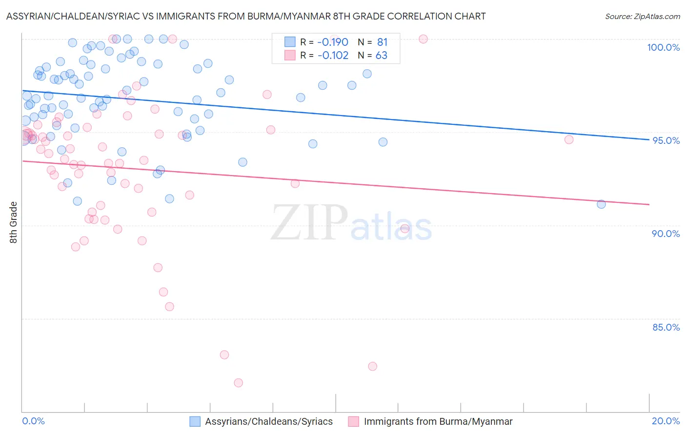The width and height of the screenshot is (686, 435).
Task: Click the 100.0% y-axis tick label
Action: pyautogui.click(x=663, y=47)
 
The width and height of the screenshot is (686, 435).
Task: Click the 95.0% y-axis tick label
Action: pyautogui.click(x=666, y=140)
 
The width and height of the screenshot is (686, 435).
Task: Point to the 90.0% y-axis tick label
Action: pyautogui.click(x=666, y=234)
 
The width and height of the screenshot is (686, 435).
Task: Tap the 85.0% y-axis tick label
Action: pyautogui.click(x=666, y=327)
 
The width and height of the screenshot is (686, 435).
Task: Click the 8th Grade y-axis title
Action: pyautogui.click(x=14, y=222)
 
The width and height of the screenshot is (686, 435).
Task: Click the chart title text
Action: pyautogui.click(x=246, y=16)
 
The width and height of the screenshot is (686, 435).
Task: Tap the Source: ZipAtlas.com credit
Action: pyautogui.click(x=642, y=17)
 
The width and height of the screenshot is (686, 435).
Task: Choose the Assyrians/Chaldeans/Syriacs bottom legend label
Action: pyautogui.click(x=269, y=422)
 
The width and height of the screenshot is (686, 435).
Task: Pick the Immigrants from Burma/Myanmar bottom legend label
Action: pyautogui.click(x=438, y=422)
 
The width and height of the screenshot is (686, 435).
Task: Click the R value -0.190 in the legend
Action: pyautogui.click(x=333, y=42)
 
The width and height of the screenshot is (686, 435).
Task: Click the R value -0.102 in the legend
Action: pyautogui.click(x=333, y=56)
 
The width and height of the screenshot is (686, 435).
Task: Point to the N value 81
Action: pyautogui.click(x=382, y=42)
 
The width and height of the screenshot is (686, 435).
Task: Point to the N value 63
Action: pyautogui.click(x=382, y=56)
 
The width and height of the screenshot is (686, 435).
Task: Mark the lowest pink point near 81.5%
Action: pyautogui.click(x=238, y=383)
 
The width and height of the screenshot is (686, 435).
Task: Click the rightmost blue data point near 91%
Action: pyautogui.click(x=601, y=204)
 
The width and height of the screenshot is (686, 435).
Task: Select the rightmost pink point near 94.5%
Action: pyautogui.click(x=569, y=139)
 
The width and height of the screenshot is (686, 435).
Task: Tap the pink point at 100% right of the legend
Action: pyautogui.click(x=423, y=39)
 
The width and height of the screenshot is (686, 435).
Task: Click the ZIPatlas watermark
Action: pyautogui.click(x=351, y=223)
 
